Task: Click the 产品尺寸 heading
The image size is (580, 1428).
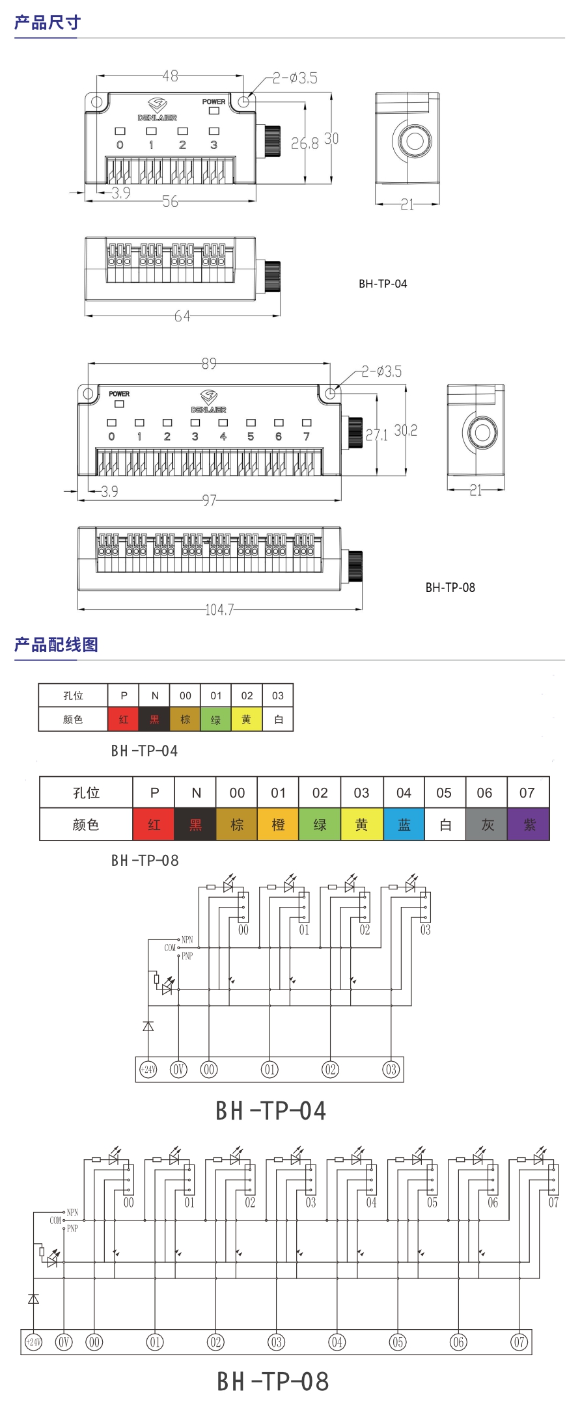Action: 48,23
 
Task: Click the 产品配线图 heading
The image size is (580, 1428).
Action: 56,645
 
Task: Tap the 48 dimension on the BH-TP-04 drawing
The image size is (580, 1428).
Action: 171,76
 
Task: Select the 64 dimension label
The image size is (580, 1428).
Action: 182,316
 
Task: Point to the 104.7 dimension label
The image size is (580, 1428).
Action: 219,610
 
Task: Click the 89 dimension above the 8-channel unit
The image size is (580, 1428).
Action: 209,364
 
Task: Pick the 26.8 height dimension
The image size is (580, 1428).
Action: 304,144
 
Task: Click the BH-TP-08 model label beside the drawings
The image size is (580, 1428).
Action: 450,587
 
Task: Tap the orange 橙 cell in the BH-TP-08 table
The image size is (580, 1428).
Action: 278,825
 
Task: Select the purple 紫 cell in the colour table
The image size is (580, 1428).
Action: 529,825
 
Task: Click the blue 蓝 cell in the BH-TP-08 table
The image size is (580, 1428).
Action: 404,825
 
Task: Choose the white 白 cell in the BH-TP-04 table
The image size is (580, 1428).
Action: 278,720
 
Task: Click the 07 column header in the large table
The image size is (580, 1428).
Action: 527,793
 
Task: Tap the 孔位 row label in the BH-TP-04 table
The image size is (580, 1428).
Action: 73,695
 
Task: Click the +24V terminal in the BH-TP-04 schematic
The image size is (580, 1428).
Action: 148,1070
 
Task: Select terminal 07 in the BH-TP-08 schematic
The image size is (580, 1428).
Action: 519,1342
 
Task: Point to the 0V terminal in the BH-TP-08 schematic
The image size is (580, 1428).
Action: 64,1342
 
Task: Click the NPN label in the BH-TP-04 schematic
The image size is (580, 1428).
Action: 187,939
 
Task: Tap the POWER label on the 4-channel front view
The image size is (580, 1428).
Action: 214,101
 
